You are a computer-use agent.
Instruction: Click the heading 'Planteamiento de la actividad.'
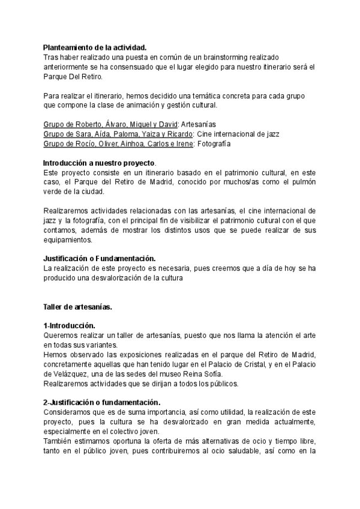tap(95, 47)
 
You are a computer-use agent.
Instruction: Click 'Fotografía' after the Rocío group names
tap(214, 143)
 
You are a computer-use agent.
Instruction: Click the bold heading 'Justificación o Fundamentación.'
tap(99, 259)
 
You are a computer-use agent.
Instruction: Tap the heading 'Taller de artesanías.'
tap(77, 307)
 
